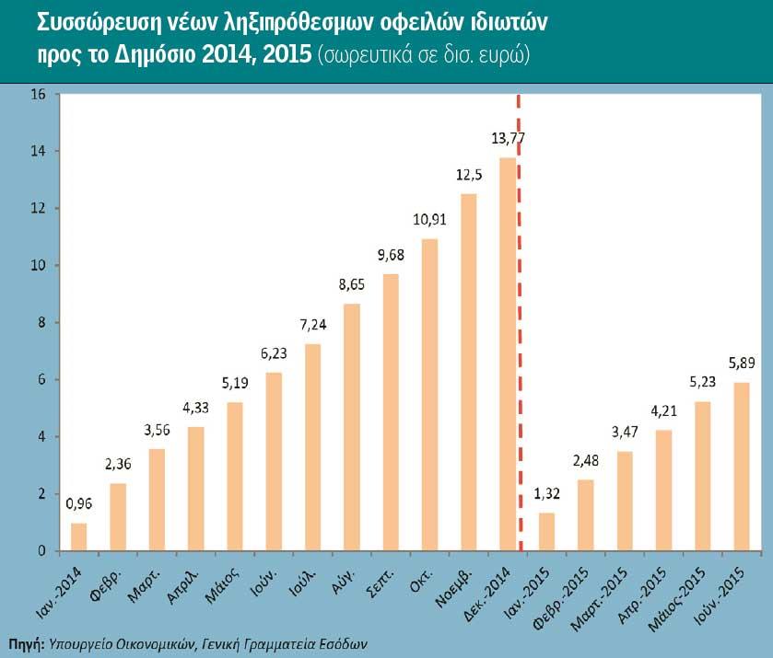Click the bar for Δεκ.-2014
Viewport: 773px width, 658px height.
pyautogui.click(x=508, y=354)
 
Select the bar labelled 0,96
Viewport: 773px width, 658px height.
pyautogui.click(x=79, y=537)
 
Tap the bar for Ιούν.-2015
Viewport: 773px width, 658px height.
pyautogui.click(x=742, y=467)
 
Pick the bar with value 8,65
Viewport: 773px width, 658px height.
pyautogui.click(x=352, y=427)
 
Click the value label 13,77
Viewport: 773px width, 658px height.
pyautogui.click(x=508, y=139)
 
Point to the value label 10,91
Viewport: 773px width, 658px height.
pyautogui.click(x=429, y=221)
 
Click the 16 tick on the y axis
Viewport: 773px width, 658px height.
pyautogui.click(x=38, y=94)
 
